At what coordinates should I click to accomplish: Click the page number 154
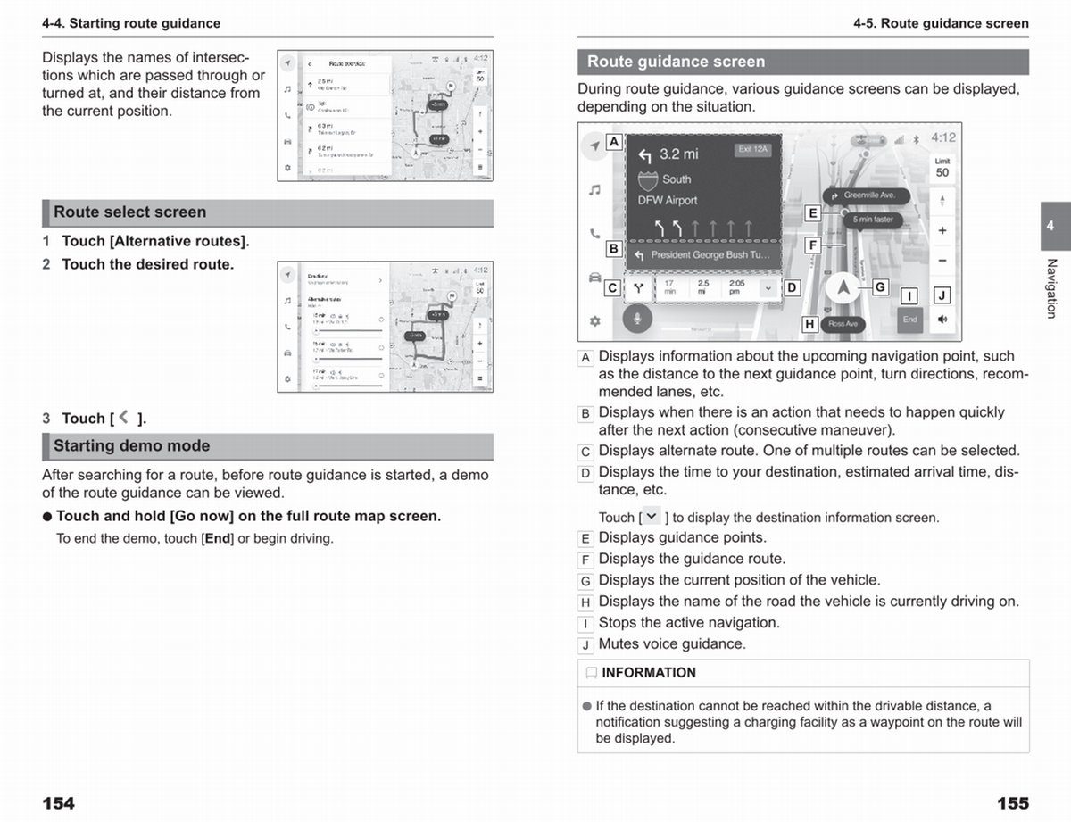tap(58, 803)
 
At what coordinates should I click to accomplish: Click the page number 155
tap(1012, 803)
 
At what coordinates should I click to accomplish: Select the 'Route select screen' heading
tap(130, 212)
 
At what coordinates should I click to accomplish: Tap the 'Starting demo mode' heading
tap(132, 446)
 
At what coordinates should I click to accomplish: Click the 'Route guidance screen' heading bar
tap(676, 62)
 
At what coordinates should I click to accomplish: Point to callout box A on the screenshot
tap(614, 141)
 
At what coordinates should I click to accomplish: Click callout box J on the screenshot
tap(941, 295)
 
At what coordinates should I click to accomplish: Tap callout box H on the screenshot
tap(809, 324)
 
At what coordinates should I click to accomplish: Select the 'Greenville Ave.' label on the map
tap(868, 195)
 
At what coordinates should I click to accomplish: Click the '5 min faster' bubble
tap(872, 220)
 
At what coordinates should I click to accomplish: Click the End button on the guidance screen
tap(909, 319)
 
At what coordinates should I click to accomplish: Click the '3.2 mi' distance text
tap(678, 154)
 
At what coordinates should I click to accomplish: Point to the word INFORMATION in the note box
tap(649, 673)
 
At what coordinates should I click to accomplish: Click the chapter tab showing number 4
tap(1050, 227)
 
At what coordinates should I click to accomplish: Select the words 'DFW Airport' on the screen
tap(668, 201)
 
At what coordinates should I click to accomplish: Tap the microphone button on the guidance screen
tap(638, 320)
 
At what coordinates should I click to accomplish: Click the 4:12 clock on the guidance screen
tap(942, 137)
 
